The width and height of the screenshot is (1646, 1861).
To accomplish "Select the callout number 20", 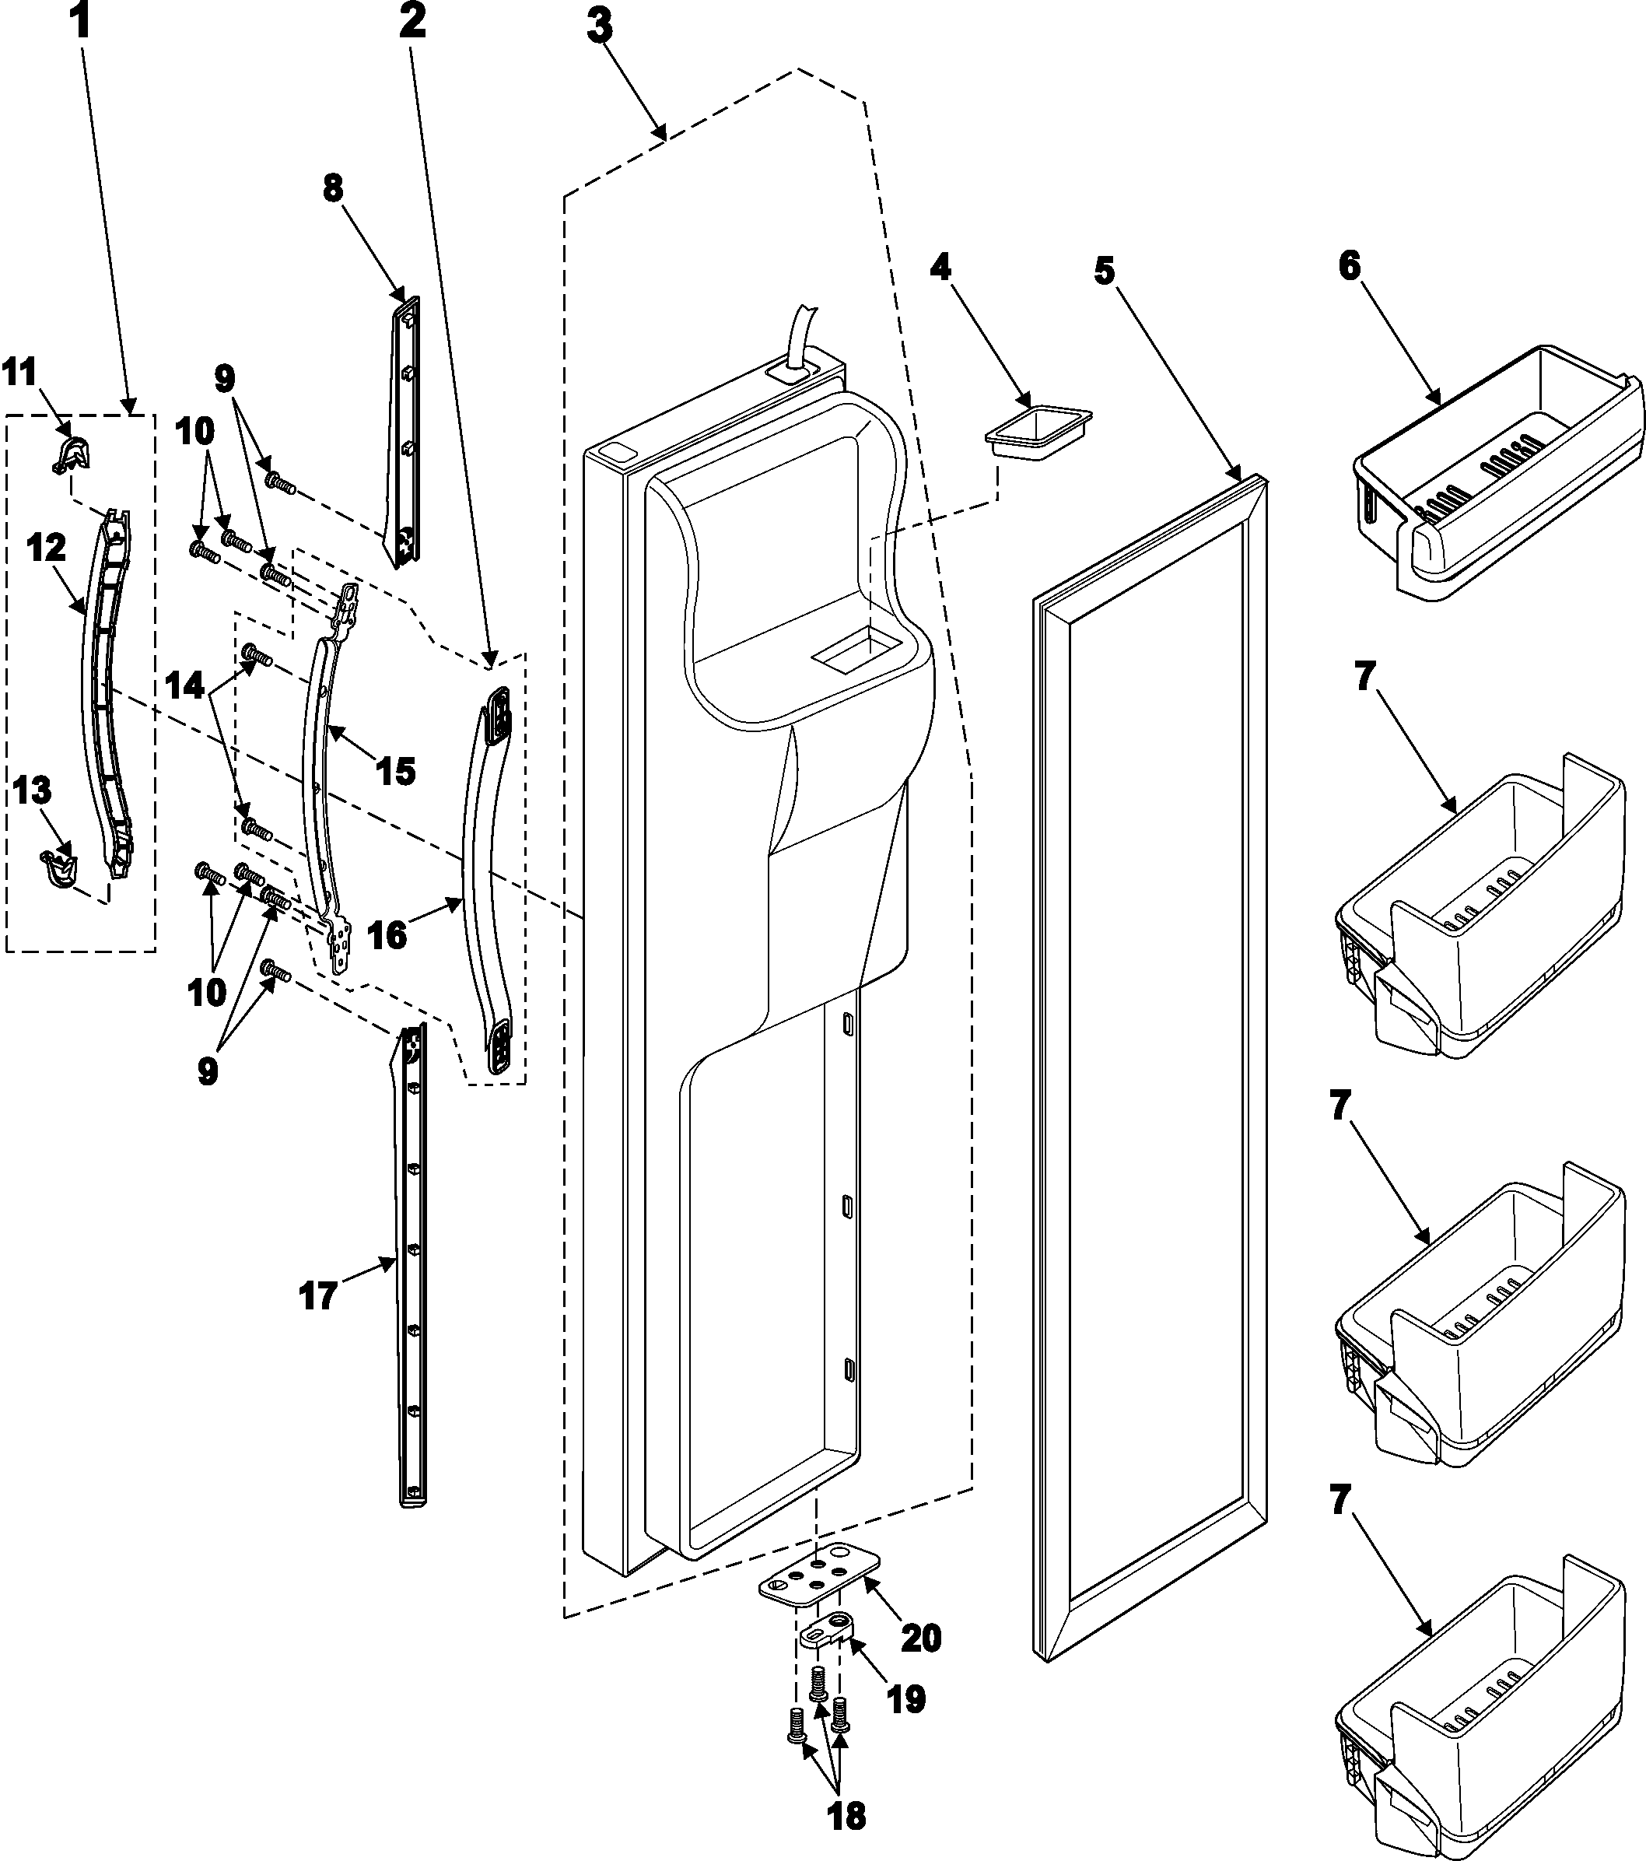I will [x=920, y=1638].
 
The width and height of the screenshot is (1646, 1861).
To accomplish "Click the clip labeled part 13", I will [x=58, y=864].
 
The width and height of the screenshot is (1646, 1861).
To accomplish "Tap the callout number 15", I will [x=394, y=770].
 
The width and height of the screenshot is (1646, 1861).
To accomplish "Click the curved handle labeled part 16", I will [x=483, y=874].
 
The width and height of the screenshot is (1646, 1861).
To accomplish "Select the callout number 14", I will [x=186, y=685].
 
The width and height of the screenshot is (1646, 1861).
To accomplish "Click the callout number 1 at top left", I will [x=81, y=20].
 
